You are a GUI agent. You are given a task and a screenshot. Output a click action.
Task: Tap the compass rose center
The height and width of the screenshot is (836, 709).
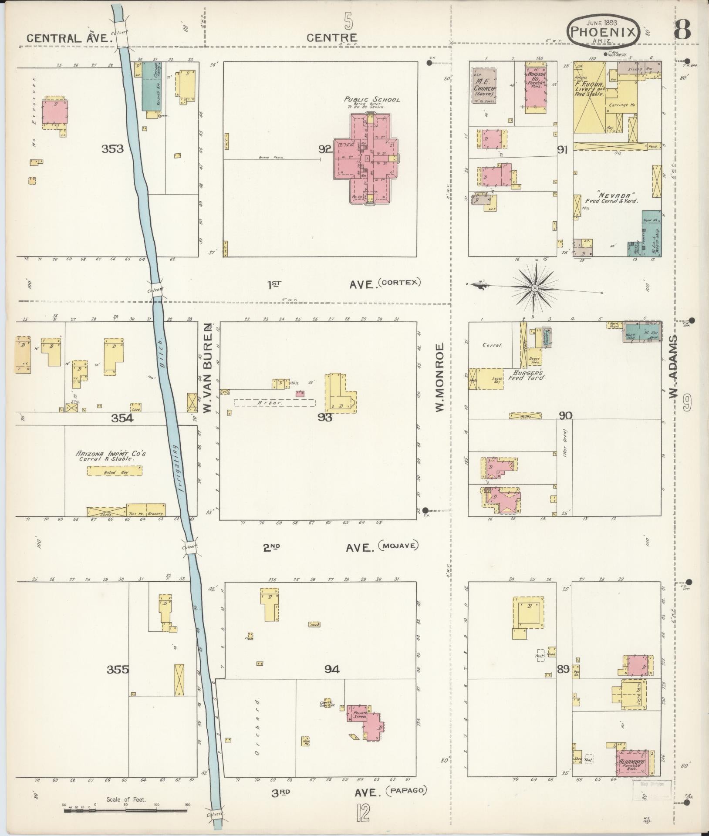pyautogui.click(x=535, y=288)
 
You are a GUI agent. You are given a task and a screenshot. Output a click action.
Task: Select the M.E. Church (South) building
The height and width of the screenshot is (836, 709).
pyautogui.click(x=485, y=85)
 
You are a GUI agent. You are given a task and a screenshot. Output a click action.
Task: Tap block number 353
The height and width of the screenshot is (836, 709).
pyautogui.click(x=112, y=149)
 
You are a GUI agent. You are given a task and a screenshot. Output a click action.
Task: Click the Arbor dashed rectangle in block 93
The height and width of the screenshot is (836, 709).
pyautogui.click(x=274, y=403)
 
